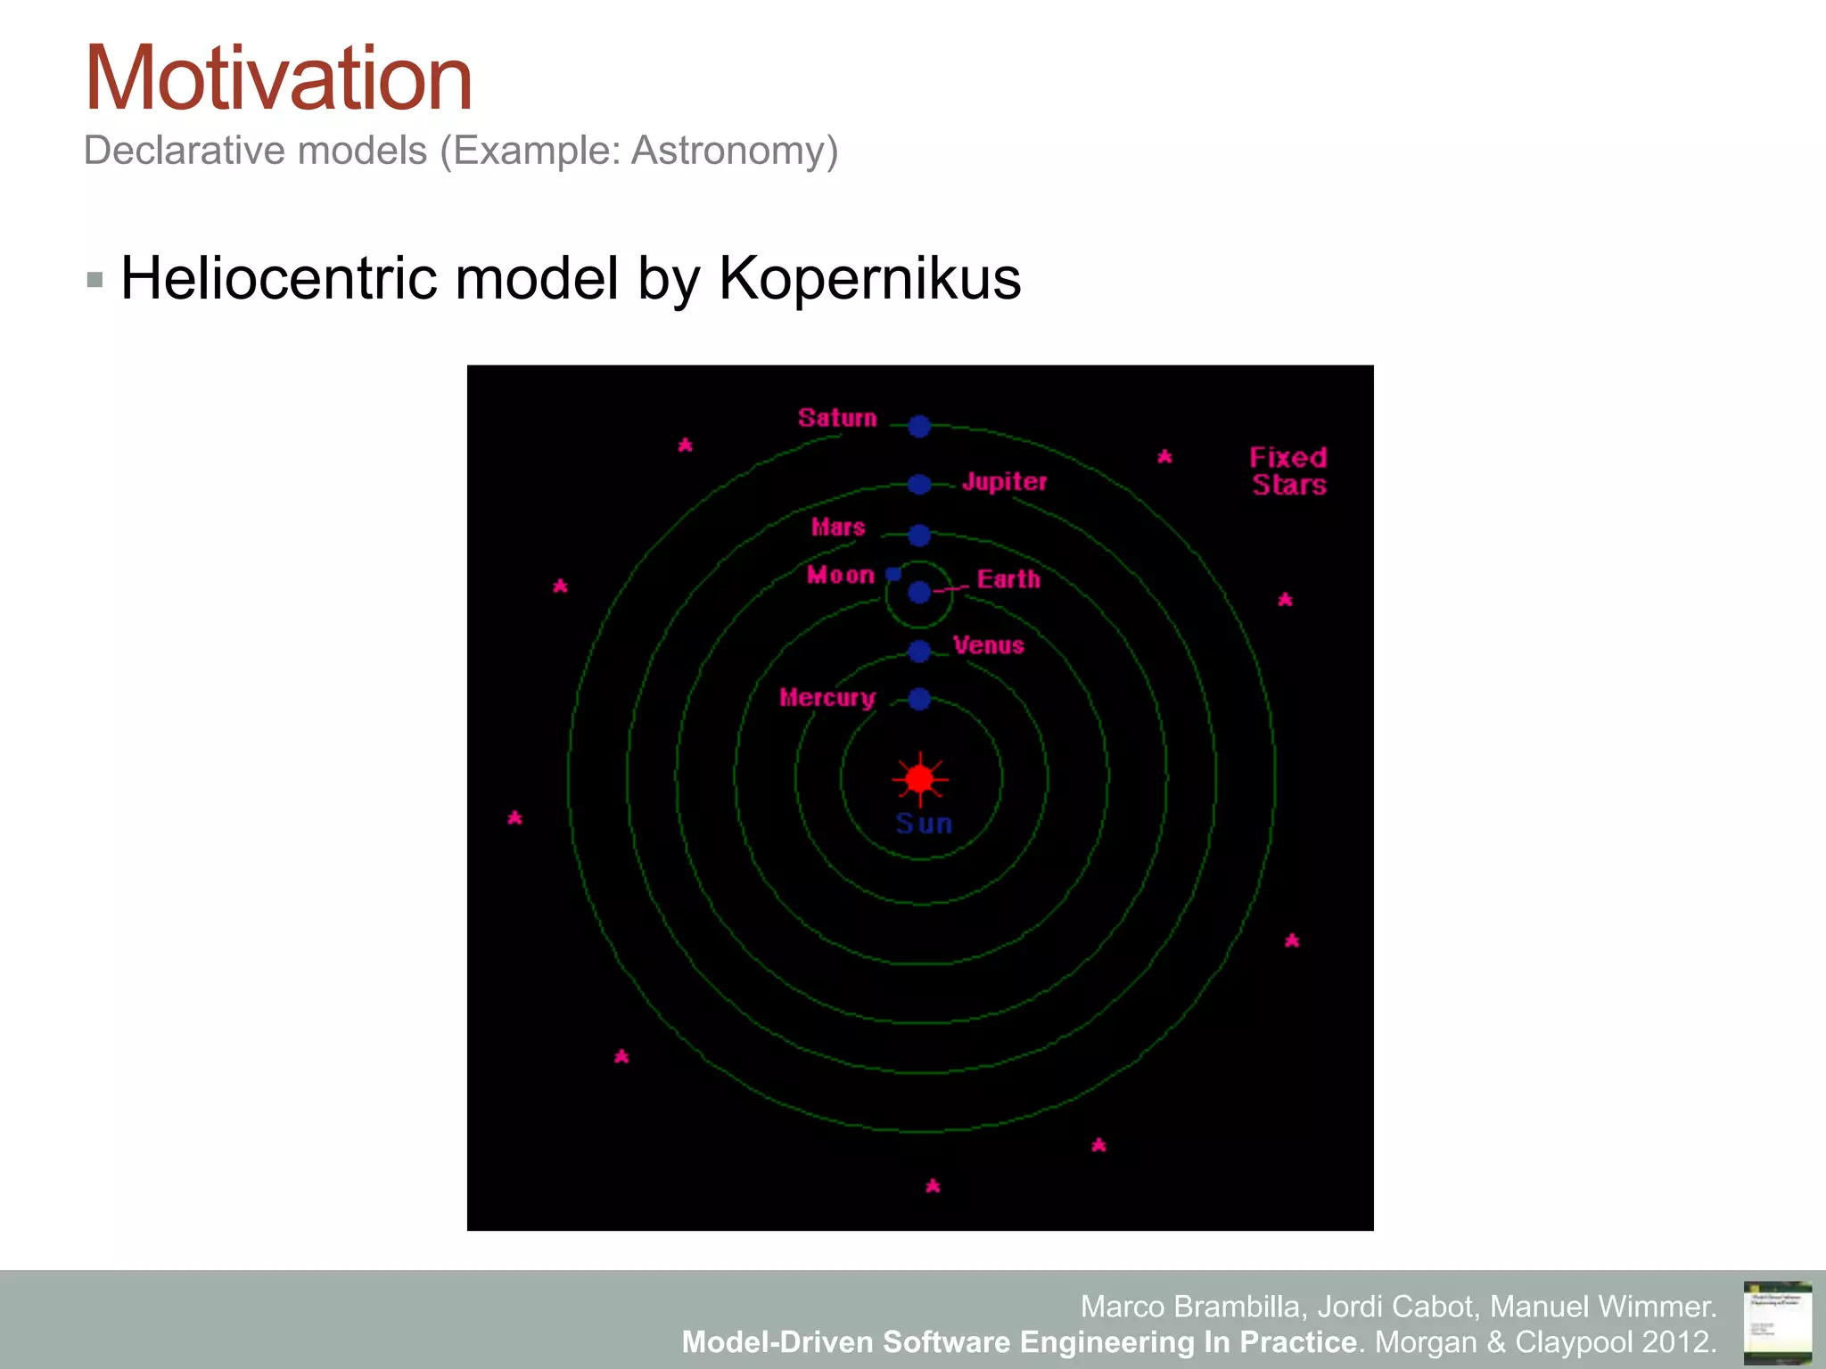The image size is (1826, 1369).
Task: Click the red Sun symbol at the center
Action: (920, 779)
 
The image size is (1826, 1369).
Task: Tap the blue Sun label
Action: (924, 824)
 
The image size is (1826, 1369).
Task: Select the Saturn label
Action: (837, 418)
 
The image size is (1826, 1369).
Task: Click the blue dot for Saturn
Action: (919, 426)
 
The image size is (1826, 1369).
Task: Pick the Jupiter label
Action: (1004, 482)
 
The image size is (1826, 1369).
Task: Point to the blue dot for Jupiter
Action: (919, 484)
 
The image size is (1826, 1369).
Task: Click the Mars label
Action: (838, 527)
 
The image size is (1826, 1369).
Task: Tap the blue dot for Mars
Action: (919, 536)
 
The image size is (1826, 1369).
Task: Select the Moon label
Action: (841, 575)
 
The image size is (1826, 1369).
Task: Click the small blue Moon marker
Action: (893, 574)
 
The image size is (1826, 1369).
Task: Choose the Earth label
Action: (1008, 579)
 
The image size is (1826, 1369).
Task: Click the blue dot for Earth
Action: (919, 593)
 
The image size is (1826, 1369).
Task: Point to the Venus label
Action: (988, 645)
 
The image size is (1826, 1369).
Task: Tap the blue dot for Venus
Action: (919, 652)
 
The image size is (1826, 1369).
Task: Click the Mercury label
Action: (827, 698)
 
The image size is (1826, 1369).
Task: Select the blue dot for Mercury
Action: (919, 699)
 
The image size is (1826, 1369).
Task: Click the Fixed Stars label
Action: (1288, 471)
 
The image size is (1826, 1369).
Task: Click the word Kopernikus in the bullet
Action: (869, 279)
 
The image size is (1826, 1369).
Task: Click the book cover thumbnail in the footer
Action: (1777, 1322)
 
